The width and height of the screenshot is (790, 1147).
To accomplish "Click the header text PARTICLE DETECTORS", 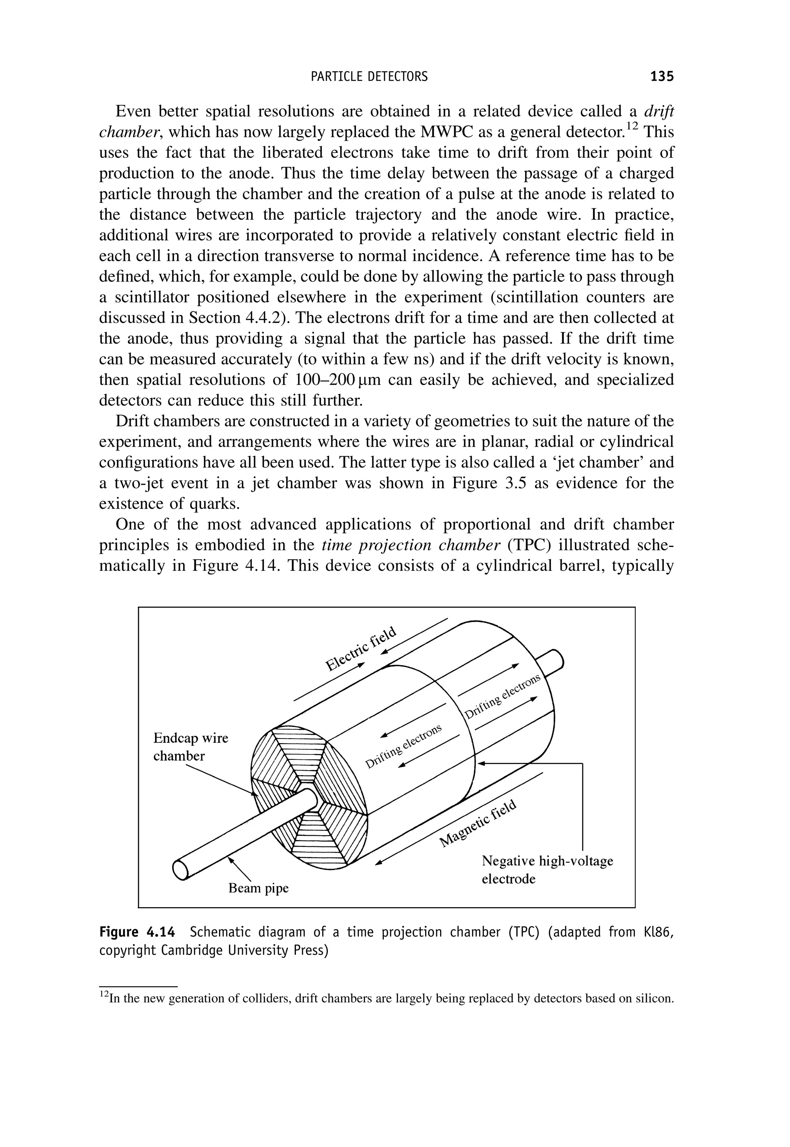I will (x=369, y=76).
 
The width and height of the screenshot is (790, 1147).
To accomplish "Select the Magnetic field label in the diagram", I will (x=479, y=822).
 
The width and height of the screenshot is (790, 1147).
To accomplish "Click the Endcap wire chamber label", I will (x=191, y=747).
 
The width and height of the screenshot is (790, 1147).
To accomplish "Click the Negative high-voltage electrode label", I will (x=547, y=870).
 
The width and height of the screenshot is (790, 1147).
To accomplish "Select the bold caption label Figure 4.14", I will (x=137, y=932).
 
